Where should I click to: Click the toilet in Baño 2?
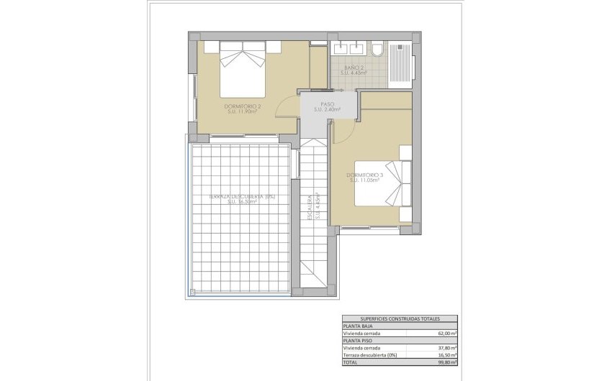click(x=377, y=50)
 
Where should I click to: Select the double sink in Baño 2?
click(x=348, y=49)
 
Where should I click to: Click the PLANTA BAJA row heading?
click(x=358, y=326)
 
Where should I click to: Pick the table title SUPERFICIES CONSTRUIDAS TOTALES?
click(x=399, y=318)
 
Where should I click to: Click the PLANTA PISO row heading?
click(x=357, y=341)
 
